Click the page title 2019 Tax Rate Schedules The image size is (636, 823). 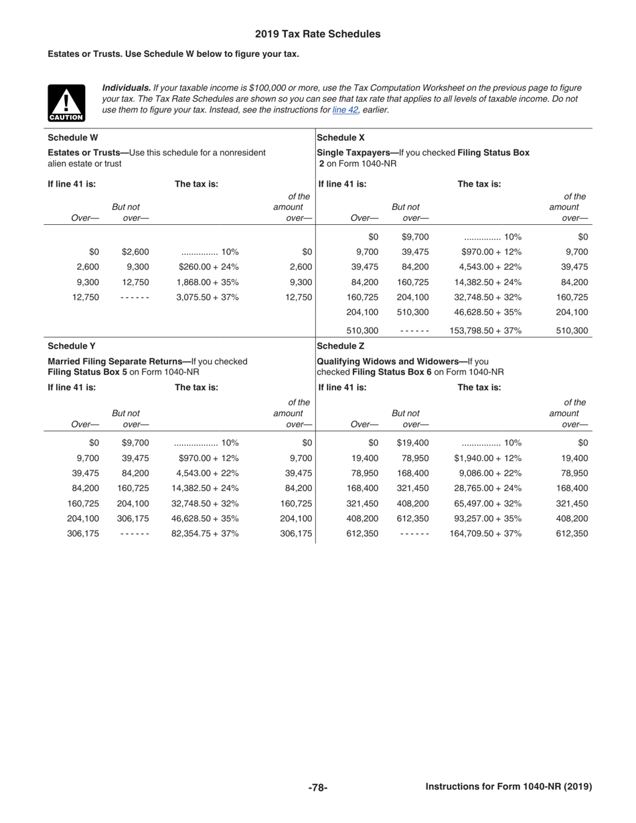(317, 34)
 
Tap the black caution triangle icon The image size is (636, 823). (66, 103)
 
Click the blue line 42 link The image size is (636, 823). (345, 110)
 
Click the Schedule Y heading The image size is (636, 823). (72, 346)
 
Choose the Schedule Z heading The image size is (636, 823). (340, 346)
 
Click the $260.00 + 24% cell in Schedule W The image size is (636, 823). (208, 267)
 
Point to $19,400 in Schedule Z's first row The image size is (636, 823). (412, 443)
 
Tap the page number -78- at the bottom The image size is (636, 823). (317, 788)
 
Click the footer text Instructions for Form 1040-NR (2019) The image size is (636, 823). (509, 787)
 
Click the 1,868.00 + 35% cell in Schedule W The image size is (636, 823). (208, 282)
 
